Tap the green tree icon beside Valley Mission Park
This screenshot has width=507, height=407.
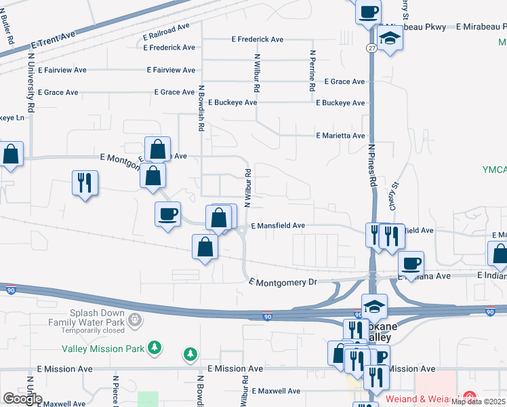point(155,348)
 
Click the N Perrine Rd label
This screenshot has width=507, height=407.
point(312,71)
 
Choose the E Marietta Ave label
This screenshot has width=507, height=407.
point(341,136)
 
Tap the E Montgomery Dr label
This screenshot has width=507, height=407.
point(283,282)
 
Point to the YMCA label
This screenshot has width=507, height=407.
point(494,169)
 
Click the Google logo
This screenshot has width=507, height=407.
point(22,399)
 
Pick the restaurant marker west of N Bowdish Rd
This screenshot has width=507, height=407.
point(85,183)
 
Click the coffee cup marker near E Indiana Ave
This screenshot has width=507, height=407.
point(410,263)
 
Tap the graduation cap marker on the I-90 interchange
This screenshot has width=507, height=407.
point(373,306)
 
